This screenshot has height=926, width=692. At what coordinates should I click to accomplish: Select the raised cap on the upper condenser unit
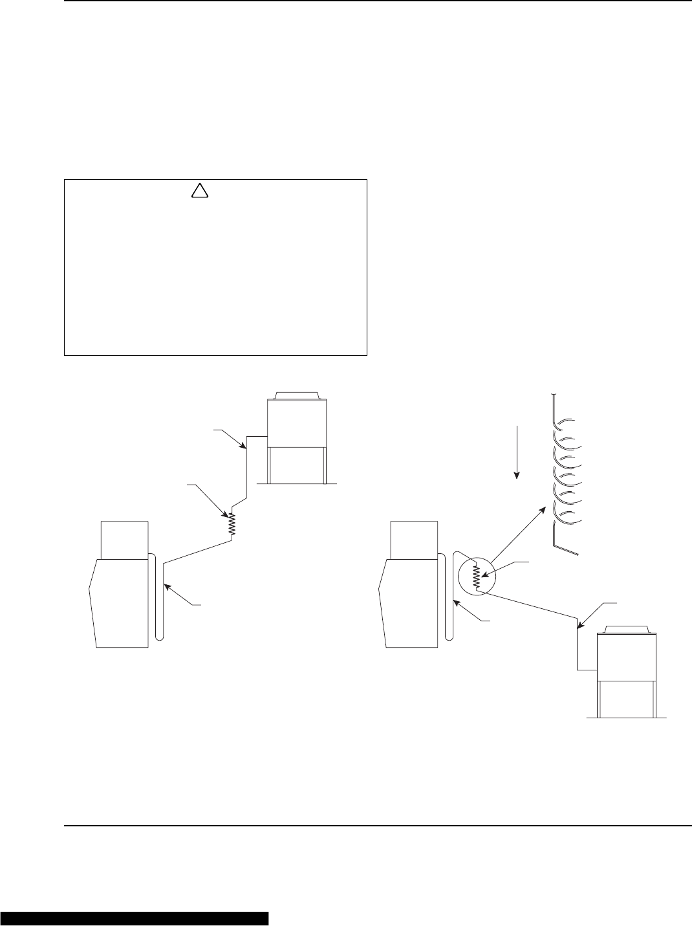(x=296, y=395)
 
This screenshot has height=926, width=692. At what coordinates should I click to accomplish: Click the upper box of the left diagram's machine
(x=125, y=539)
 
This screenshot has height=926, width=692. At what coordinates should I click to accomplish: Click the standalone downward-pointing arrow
(x=517, y=452)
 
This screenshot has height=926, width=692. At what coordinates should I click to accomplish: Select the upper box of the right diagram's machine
(x=414, y=539)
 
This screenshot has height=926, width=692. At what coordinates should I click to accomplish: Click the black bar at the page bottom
(x=135, y=918)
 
